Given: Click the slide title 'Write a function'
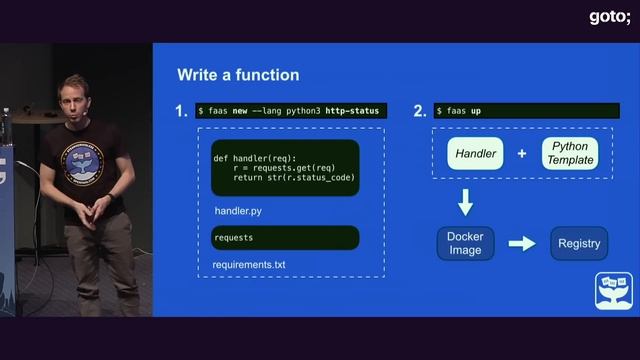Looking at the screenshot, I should tap(237, 75).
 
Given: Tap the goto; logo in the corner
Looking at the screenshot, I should tap(608, 16).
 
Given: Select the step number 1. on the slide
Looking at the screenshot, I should tap(181, 111).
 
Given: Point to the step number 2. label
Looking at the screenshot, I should tap(419, 111).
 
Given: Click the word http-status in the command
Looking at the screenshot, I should tap(352, 110).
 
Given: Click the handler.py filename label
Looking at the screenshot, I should tap(238, 212).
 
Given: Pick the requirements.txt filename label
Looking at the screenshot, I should tap(249, 265).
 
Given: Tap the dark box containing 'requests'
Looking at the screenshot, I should tap(285, 238).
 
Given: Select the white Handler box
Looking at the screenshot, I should tap(477, 154).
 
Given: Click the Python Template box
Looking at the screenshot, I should tap(569, 154).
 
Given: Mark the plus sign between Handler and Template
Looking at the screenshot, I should tap(522, 154).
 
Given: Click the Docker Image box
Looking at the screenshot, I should tap(465, 243).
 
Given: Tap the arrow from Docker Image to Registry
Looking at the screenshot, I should tap(522, 243).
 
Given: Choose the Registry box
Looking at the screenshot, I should tap(579, 243).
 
